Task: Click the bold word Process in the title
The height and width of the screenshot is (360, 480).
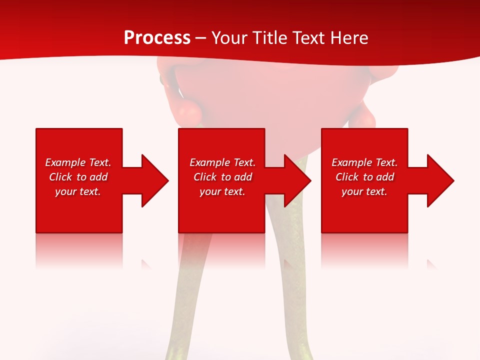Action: click(x=157, y=38)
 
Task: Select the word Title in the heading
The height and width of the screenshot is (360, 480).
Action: click(x=268, y=38)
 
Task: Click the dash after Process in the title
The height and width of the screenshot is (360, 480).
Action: click(x=201, y=38)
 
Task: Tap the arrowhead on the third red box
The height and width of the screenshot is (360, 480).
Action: click(x=439, y=180)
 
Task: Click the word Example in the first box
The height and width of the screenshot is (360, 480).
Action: click(x=65, y=162)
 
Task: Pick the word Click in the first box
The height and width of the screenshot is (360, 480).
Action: click(x=60, y=177)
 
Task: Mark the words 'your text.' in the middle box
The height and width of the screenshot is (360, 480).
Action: click(x=222, y=191)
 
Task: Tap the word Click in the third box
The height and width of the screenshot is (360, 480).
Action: click(x=347, y=177)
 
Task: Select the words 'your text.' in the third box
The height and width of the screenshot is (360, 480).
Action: click(x=364, y=191)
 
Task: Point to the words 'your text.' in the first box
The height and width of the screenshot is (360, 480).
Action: click(x=77, y=191)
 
